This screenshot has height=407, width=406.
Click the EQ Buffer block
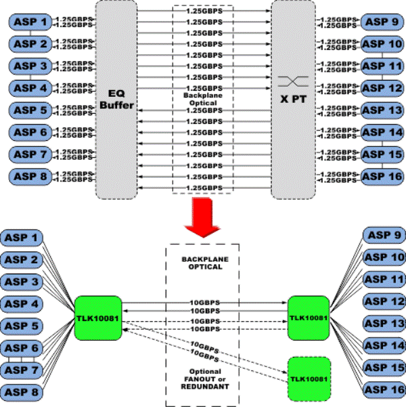117,100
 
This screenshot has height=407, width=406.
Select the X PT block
293,100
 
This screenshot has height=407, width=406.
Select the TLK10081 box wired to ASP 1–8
98,317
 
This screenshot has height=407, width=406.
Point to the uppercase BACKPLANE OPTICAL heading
203,263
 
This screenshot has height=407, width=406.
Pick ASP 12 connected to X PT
382,88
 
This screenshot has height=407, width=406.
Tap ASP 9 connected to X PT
382,22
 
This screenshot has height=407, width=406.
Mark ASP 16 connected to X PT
382,177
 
